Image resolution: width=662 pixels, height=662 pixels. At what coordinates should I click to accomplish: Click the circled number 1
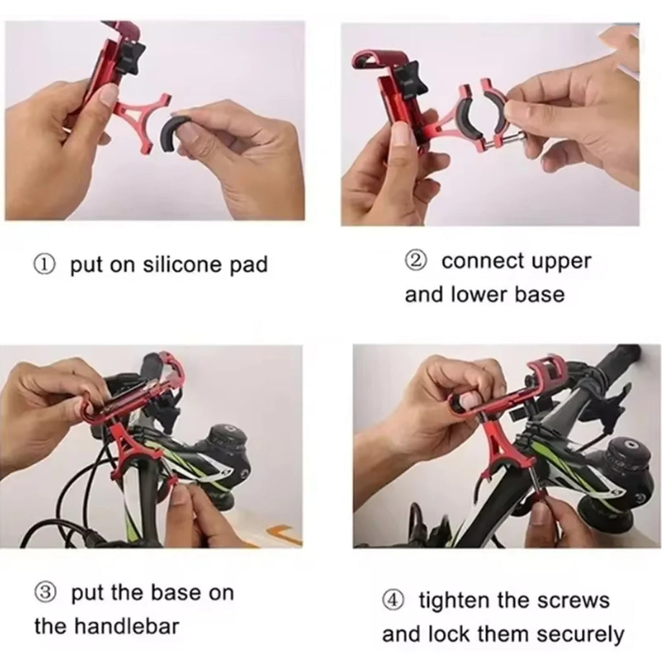point(45,265)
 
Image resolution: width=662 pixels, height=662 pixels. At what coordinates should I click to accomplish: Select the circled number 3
point(45,593)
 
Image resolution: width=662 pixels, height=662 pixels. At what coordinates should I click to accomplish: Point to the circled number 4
point(394,601)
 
